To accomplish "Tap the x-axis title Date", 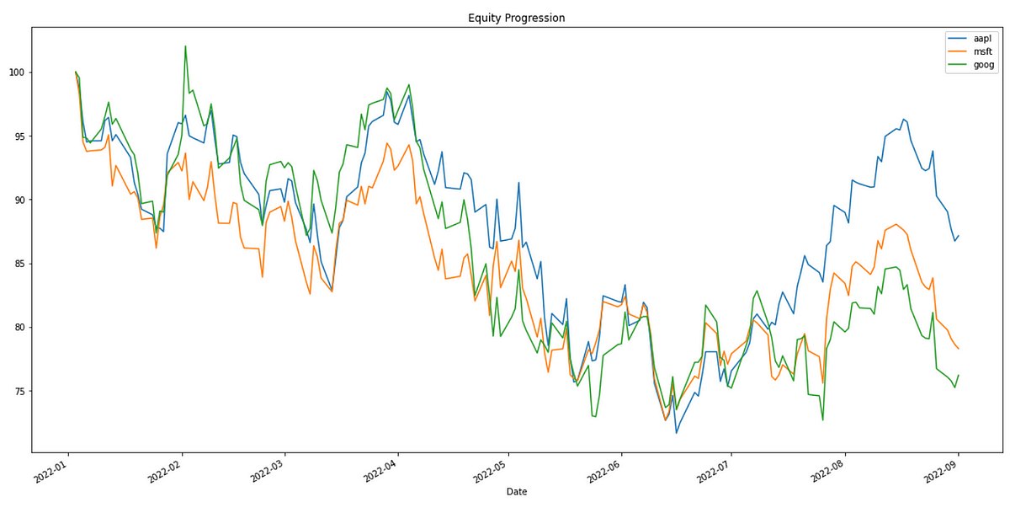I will (x=517, y=491).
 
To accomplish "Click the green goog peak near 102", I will (x=185, y=46).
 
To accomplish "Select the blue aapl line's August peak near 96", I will (x=903, y=120).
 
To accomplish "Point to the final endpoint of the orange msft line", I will (x=959, y=349).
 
